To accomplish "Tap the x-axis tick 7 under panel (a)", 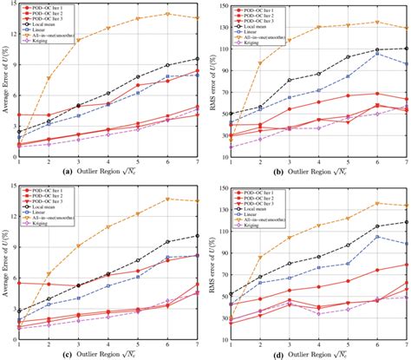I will [198, 163].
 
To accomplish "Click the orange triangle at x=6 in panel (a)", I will [168, 14].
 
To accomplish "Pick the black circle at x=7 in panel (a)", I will [198, 59].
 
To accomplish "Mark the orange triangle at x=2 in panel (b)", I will [259, 63].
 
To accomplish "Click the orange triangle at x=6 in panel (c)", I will [168, 199].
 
